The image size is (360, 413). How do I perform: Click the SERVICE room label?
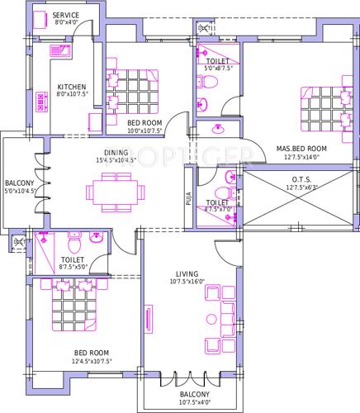[x=66, y=16]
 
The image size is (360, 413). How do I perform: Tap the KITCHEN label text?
[x=72, y=87]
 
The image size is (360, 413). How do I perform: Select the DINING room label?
[x=116, y=151]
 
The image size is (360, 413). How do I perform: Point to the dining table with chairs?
[x=115, y=192]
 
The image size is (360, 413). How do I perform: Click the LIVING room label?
[x=188, y=273]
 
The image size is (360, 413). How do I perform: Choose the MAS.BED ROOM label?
[x=301, y=149]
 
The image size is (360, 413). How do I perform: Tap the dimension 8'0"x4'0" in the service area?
[x=66, y=24]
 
